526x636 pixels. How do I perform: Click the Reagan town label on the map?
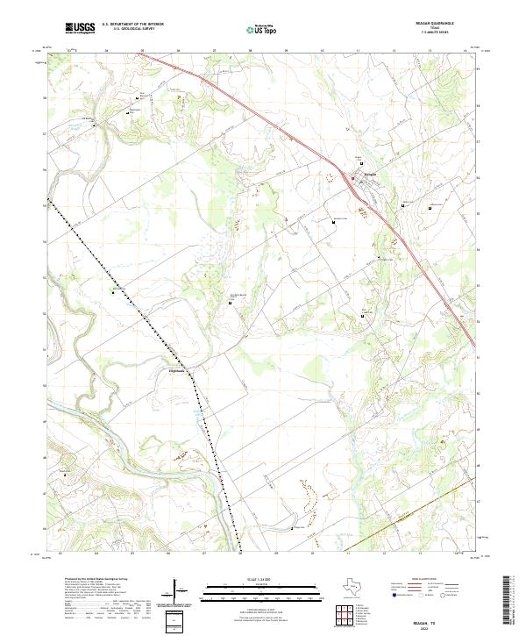coord(369,174)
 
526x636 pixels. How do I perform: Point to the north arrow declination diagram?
coord(181,590)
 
